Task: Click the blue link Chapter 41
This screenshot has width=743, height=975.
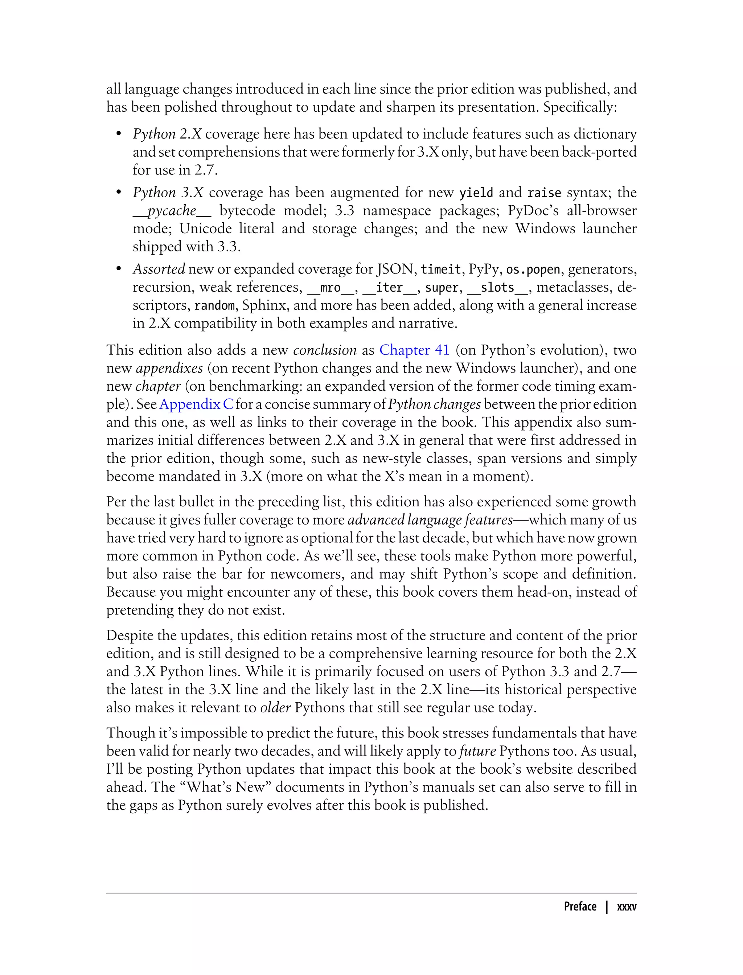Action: [414, 350]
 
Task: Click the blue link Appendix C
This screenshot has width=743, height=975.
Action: [196, 404]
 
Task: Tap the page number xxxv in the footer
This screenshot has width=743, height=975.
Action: [626, 907]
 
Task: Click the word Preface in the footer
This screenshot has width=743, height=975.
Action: [580, 907]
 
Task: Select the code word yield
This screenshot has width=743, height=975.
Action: [476, 193]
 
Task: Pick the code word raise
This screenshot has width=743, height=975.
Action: [544, 193]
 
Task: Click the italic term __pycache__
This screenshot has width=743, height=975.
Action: [172, 211]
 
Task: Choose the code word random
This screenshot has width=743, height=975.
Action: [214, 305]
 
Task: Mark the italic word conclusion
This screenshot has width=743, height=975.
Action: [325, 350]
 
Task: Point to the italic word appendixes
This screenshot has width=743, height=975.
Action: [169, 368]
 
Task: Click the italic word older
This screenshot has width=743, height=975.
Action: [275, 707]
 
